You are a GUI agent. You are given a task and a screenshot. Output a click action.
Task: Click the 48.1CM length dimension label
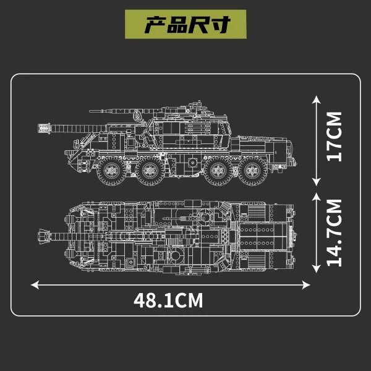[168, 301]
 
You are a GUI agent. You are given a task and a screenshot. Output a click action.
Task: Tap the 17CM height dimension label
[335, 137]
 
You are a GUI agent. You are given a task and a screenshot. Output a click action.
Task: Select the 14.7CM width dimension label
[335, 233]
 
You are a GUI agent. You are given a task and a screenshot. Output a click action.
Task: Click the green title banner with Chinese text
[185, 24]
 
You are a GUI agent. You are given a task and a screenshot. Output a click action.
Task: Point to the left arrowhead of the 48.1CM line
[35, 285]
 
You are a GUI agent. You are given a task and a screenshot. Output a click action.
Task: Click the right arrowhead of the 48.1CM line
[306, 285]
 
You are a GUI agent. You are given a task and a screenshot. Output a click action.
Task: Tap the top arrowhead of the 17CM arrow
[317, 100]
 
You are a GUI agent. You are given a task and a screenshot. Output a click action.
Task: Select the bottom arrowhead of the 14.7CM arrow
[317, 269]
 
